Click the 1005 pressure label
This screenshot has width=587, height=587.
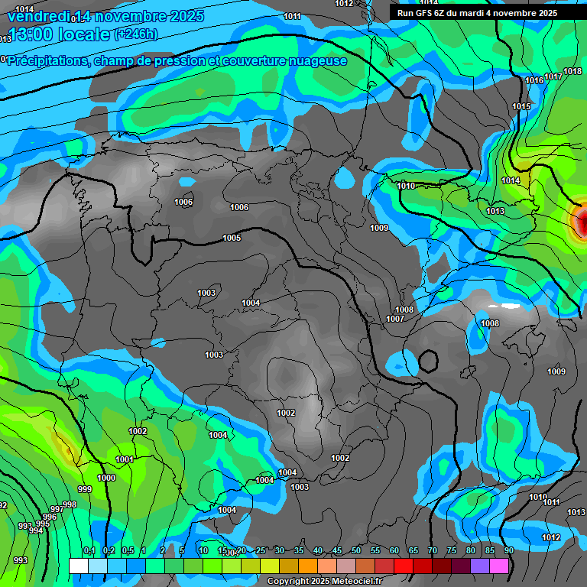coord(232,238)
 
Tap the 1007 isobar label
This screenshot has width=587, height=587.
coord(395,319)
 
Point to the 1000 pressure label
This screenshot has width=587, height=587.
coord(106,478)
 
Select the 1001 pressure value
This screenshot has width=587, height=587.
coord(125,459)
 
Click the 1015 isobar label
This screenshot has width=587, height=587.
coord(521,106)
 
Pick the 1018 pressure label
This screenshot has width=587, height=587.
coord(572,72)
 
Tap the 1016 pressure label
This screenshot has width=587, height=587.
coord(534,80)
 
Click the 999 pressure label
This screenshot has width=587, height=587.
coord(84,489)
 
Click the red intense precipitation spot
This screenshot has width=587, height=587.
coord(582,222)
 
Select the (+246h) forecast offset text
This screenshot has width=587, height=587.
coord(135,34)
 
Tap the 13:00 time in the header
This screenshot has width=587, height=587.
coord(32,35)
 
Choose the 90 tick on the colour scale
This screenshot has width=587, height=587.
coord(508,550)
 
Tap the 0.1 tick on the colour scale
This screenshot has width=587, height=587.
coord(89,550)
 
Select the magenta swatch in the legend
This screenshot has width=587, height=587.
coord(499,566)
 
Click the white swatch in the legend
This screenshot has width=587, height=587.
coord(78,566)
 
